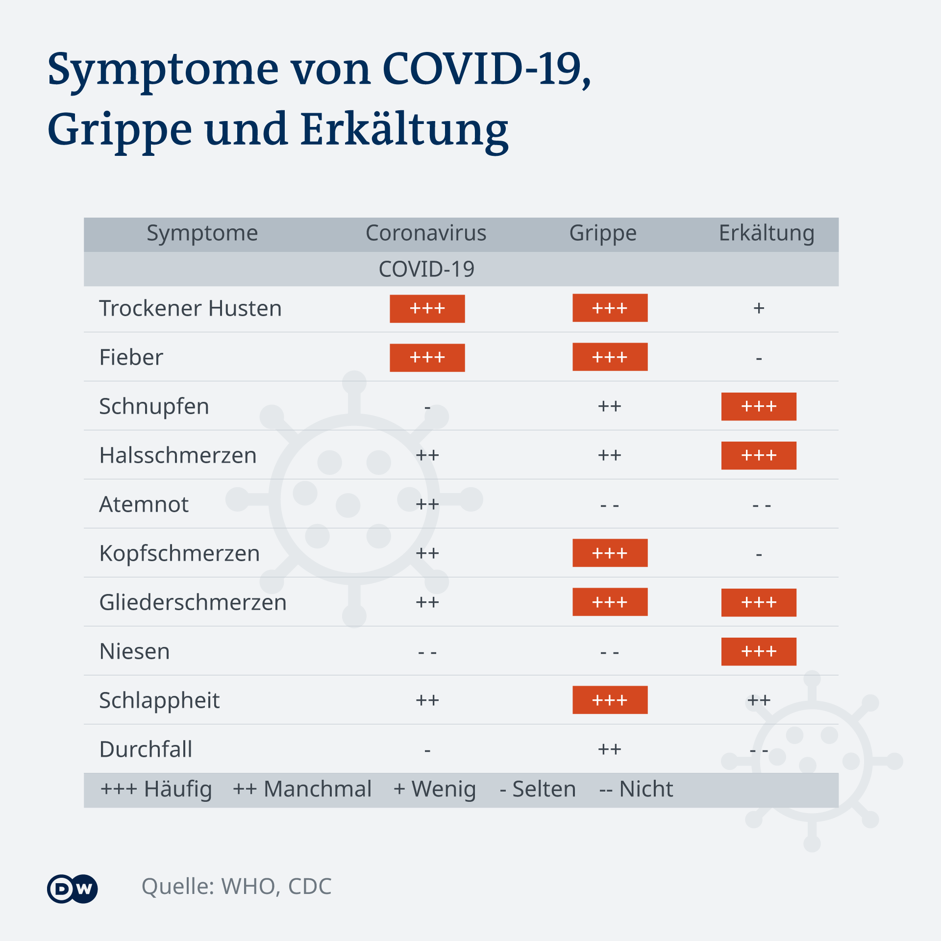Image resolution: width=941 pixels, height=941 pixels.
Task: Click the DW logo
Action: [73, 889]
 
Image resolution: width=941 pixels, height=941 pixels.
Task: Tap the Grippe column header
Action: [603, 233]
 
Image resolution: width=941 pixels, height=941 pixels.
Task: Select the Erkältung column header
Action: [767, 233]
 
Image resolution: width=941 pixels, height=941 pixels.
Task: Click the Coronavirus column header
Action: [426, 233]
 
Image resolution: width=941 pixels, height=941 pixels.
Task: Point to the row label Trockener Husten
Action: [190, 308]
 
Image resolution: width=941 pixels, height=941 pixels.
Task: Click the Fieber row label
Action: [131, 357]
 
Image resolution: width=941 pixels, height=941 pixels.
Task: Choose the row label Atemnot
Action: [144, 504]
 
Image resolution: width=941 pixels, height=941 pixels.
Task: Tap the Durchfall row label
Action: [146, 749]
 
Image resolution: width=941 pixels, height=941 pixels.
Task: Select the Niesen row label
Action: [134, 651]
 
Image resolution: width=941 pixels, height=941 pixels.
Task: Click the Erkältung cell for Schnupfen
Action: [759, 406]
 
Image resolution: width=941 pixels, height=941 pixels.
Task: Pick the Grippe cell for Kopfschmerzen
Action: [610, 553]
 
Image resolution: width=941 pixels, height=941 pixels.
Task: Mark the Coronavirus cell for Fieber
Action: [427, 358]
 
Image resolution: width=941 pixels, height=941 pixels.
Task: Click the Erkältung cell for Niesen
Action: [759, 651]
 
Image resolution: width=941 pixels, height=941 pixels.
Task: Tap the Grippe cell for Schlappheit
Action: [610, 700]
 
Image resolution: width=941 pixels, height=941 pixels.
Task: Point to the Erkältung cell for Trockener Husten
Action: [759, 308]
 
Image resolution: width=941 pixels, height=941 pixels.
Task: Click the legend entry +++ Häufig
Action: [156, 790]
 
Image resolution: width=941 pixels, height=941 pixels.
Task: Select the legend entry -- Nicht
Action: [636, 790]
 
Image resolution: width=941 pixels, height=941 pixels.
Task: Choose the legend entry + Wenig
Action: [434, 790]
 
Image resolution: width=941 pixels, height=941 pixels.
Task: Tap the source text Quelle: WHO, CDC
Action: [236, 887]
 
